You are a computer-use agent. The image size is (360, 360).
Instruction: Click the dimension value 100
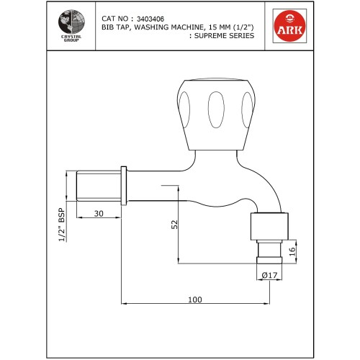point(194,300)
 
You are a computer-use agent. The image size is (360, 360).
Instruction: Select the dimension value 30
point(98,214)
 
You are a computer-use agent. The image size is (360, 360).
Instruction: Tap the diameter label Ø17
point(270,274)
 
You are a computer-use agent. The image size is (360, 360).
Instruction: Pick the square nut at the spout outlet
point(269,226)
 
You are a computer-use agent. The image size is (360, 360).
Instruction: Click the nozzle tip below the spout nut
point(269,253)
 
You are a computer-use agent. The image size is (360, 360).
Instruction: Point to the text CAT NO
point(116,18)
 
